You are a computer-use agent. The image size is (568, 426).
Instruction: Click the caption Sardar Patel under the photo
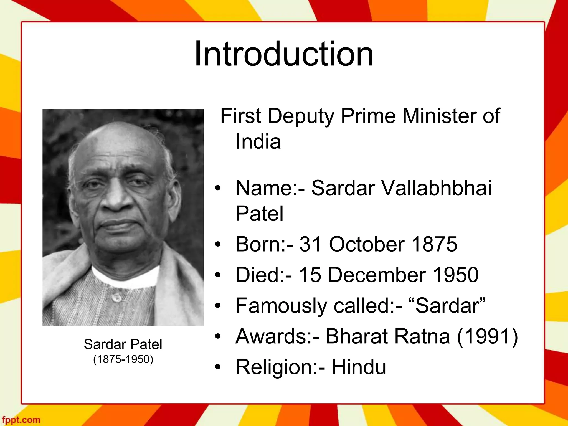pos(123,344)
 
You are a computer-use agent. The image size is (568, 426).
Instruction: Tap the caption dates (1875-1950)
pos(123,359)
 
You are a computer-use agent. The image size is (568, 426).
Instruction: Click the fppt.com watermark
pos(20,420)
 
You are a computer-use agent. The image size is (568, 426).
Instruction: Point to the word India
pos(258,142)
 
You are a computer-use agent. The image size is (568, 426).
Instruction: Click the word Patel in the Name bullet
pos(259,214)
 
